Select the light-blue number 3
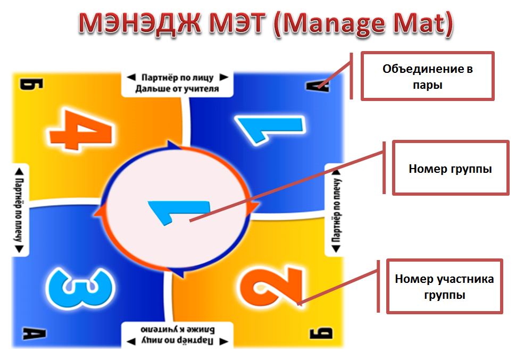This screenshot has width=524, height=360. [80, 287]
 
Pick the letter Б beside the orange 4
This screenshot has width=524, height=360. [31, 84]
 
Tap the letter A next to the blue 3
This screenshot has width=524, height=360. [34, 333]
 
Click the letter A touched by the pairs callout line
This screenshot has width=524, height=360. [318, 86]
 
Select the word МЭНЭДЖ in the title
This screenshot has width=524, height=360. [140, 23]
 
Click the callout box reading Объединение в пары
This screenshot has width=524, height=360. [427, 76]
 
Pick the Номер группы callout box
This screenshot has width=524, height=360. [450, 168]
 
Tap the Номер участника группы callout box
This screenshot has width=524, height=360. [444, 287]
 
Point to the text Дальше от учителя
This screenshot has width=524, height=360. [177, 89]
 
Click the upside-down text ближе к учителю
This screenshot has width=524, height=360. [178, 330]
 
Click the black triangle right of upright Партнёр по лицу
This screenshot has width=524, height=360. [224, 78]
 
